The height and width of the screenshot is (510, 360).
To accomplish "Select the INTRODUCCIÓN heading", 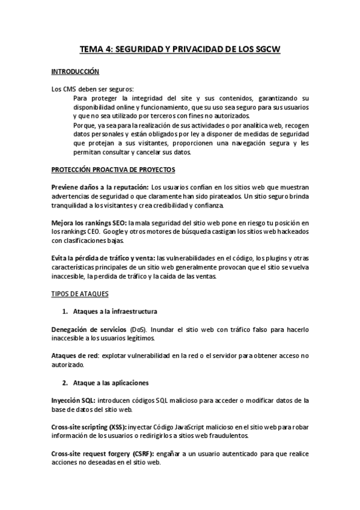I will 75,72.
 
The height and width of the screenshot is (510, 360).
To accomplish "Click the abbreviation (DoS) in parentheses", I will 138,330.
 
